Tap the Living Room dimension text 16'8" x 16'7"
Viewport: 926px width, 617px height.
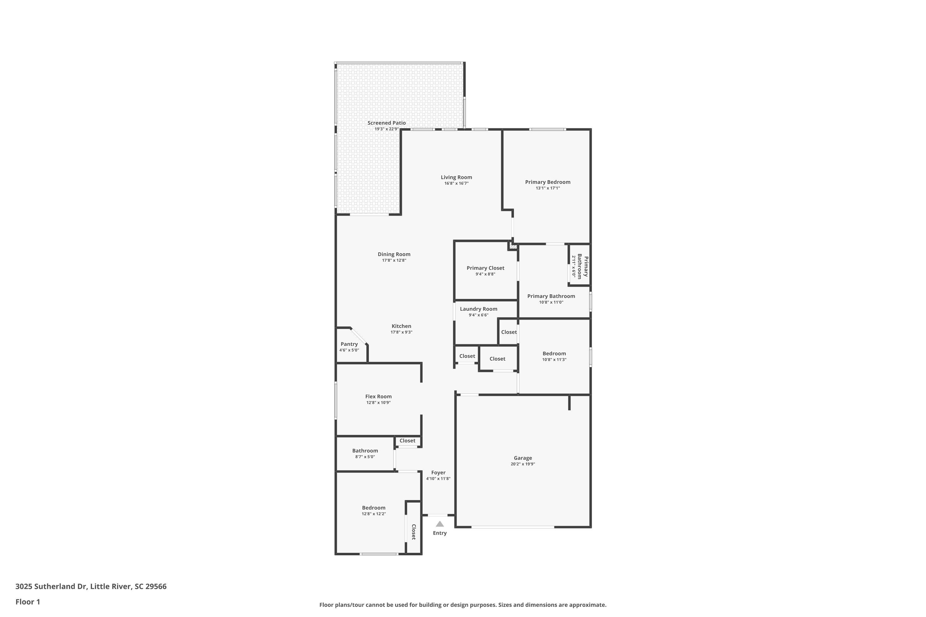456,183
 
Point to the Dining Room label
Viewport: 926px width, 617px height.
394,254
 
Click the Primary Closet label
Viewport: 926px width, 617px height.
486,268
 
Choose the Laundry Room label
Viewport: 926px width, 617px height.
478,309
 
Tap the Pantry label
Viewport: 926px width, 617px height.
349,344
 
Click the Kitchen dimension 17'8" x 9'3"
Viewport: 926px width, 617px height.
401,332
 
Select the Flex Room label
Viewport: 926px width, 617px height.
378,396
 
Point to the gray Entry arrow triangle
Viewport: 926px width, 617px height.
440,524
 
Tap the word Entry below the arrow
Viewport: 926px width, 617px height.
440,533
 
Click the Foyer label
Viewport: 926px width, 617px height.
438,473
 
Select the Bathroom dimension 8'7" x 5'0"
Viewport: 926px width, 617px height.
365,457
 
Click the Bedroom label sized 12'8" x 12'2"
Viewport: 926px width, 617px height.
373,507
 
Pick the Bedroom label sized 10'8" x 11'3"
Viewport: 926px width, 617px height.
554,353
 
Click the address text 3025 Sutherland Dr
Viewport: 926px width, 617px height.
51,586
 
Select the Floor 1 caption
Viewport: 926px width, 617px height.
27,602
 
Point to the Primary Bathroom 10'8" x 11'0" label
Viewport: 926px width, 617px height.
551,296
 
